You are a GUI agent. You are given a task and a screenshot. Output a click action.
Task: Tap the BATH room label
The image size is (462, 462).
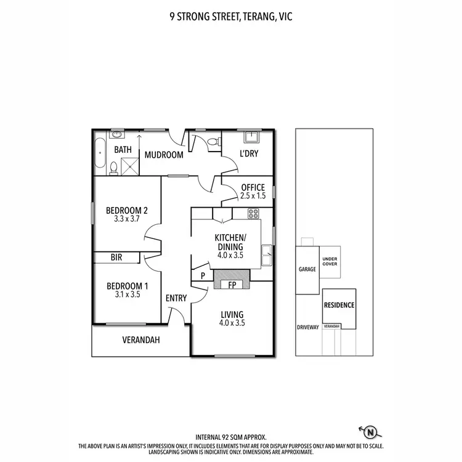click(x=123, y=149)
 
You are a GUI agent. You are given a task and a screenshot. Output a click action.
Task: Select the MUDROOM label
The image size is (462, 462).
click(x=164, y=155)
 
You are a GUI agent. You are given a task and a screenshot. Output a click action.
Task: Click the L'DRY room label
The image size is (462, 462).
click(x=248, y=153)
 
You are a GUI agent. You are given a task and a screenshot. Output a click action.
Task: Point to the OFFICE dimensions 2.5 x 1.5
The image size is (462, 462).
click(x=253, y=196)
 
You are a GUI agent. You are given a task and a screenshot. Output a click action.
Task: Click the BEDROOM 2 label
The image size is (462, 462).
click(x=126, y=209)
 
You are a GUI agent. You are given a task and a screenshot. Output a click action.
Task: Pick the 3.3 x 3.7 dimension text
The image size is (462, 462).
click(x=126, y=218)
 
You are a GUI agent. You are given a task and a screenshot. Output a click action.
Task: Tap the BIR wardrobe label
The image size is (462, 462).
click(x=116, y=257)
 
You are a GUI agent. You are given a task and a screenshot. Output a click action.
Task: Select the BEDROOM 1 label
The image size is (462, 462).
click(x=128, y=286)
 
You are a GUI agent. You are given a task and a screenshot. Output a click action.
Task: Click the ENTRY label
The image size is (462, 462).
click(x=176, y=298)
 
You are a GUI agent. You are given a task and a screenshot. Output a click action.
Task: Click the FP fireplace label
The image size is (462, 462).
click(x=233, y=285)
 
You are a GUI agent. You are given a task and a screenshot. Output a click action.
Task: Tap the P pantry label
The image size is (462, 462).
click(x=202, y=276)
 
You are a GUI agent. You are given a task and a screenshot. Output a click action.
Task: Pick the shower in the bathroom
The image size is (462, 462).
click(x=130, y=166)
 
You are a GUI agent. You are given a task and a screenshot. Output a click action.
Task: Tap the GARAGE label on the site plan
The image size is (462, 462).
click(x=307, y=269)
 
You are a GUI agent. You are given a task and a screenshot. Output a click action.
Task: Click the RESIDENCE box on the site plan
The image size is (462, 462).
click(x=339, y=305)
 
